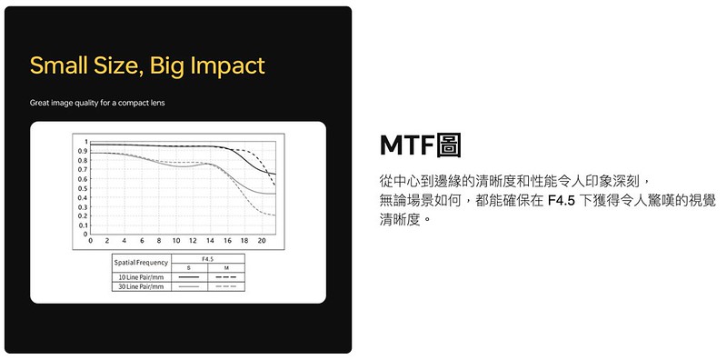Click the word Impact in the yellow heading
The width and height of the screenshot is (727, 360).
pyautogui.click(x=228, y=65)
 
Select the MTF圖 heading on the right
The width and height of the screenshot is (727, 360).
pyautogui.click(x=420, y=145)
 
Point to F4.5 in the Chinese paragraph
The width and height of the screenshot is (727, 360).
pyautogui.click(x=562, y=201)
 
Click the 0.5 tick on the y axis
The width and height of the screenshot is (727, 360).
pyautogui.click(x=83, y=188)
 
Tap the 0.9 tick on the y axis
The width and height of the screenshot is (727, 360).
pyautogui.click(x=83, y=151)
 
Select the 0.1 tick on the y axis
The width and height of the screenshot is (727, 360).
pyautogui.click(x=83, y=225)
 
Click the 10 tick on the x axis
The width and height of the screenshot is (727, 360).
pyautogui.click(x=176, y=241)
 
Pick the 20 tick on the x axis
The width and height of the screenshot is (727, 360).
pyautogui.click(x=262, y=241)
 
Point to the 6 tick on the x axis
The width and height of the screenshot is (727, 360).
pyautogui.click(x=142, y=241)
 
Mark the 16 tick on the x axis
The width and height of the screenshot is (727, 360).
pyautogui.click(x=227, y=241)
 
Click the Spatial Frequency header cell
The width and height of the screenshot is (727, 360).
pyautogui.click(x=141, y=263)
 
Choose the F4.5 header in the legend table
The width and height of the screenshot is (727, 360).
pyautogui.click(x=208, y=259)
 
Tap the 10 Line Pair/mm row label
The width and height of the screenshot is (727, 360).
pyautogui.click(x=142, y=277)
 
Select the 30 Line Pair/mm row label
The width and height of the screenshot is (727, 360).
pyautogui.click(x=142, y=286)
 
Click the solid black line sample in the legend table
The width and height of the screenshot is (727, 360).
pyautogui.click(x=189, y=277)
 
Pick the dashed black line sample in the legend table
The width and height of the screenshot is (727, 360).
pyautogui.click(x=226, y=277)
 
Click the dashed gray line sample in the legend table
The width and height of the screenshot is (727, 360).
pyautogui.click(x=226, y=286)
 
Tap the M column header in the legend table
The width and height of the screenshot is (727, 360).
pyautogui.click(x=226, y=268)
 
